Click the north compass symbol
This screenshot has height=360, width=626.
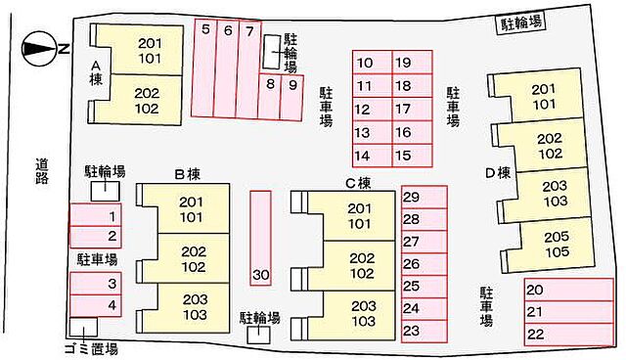pyautogui.click(x=39, y=49)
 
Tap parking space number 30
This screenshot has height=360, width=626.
pyautogui.click(x=261, y=239)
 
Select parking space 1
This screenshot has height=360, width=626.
pyautogui.click(x=96, y=215)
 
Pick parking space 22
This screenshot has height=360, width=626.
pyautogui.click(x=569, y=335)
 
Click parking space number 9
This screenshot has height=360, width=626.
pyautogui.click(x=292, y=98)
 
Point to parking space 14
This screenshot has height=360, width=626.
pyautogui.click(x=372, y=156)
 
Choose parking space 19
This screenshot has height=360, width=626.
pyautogui.click(x=413, y=62)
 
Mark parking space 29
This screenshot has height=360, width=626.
pyautogui.click(x=424, y=197)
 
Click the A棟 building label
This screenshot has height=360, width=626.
pyautogui.click(x=96, y=72)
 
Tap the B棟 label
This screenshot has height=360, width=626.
pyautogui.click(x=188, y=174)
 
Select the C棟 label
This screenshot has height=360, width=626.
pyautogui.click(x=358, y=183)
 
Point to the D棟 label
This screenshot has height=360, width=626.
pyautogui.click(x=498, y=173)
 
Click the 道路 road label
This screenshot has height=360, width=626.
pyautogui.click(x=42, y=171)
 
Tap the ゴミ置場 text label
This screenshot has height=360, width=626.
pyautogui.click(x=91, y=348)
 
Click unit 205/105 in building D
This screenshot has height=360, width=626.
pyautogui.click(x=557, y=245)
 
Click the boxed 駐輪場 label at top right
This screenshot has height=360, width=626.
pyautogui.click(x=521, y=23)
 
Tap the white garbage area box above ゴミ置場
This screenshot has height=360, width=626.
pyautogui.click(x=83, y=327)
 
